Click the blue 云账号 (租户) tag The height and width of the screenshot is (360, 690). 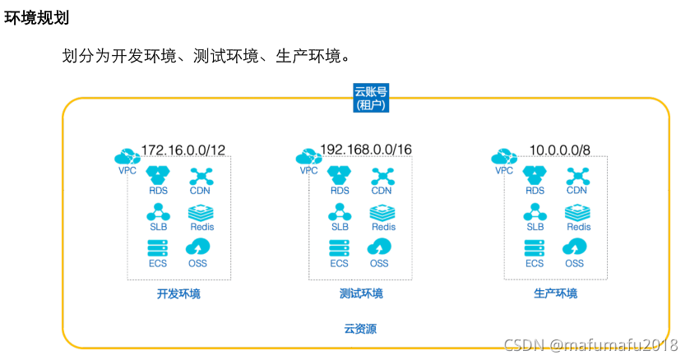click(369, 98)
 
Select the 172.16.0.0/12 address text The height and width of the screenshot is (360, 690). click(183, 150)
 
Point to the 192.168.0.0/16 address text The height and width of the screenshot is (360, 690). click(365, 150)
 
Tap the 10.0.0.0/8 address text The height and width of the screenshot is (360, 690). click(560, 150)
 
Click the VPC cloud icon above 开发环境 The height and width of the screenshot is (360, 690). click(127, 155)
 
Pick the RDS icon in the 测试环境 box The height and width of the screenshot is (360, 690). click(340, 175)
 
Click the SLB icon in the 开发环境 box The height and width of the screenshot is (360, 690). click(158, 211)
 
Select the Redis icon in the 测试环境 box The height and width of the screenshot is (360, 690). click(382, 211)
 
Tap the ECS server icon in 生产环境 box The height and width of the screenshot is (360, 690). click(535, 247)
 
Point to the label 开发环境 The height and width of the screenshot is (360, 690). click(178, 293)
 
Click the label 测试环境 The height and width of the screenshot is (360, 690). click(360, 293)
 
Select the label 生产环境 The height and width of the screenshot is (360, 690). click(555, 293)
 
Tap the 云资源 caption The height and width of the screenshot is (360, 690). click(360, 329)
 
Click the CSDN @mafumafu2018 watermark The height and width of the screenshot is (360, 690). click(590, 346)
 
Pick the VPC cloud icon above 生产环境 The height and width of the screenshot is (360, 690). click(503, 155)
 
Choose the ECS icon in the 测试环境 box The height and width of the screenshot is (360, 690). click(339, 247)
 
